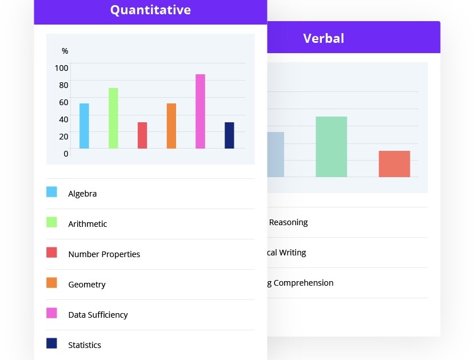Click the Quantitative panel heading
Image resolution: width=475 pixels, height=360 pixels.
pos(150,10)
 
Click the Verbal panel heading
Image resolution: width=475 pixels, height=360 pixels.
pos(324,38)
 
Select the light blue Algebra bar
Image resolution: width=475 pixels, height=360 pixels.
pos(84,126)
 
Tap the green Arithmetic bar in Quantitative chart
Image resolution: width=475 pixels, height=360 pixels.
pos(113,118)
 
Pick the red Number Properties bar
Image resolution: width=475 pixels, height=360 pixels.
pos(142,135)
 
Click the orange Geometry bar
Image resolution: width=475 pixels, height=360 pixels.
pos(171,126)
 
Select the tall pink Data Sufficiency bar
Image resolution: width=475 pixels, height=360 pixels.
pos(200,111)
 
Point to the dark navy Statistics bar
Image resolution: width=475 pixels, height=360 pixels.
pos(229,135)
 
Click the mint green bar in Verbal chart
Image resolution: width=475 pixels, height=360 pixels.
pos(332,147)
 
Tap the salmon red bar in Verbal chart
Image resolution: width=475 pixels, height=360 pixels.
pos(394,164)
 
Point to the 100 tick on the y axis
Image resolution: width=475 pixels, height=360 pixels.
pos(61,68)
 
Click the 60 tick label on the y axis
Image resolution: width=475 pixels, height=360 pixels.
pos(63,102)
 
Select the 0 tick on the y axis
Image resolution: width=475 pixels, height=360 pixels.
pos(66,153)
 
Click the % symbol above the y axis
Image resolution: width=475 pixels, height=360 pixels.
pos(65,51)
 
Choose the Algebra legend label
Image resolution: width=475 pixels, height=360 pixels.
pos(82,194)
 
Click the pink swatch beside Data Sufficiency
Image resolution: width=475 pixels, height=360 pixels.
pos(51,313)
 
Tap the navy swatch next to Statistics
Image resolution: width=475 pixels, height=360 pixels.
pos(51,343)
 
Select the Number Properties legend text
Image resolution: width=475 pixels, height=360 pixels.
pos(104,254)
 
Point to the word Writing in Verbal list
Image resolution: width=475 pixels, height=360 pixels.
pos(293,253)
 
